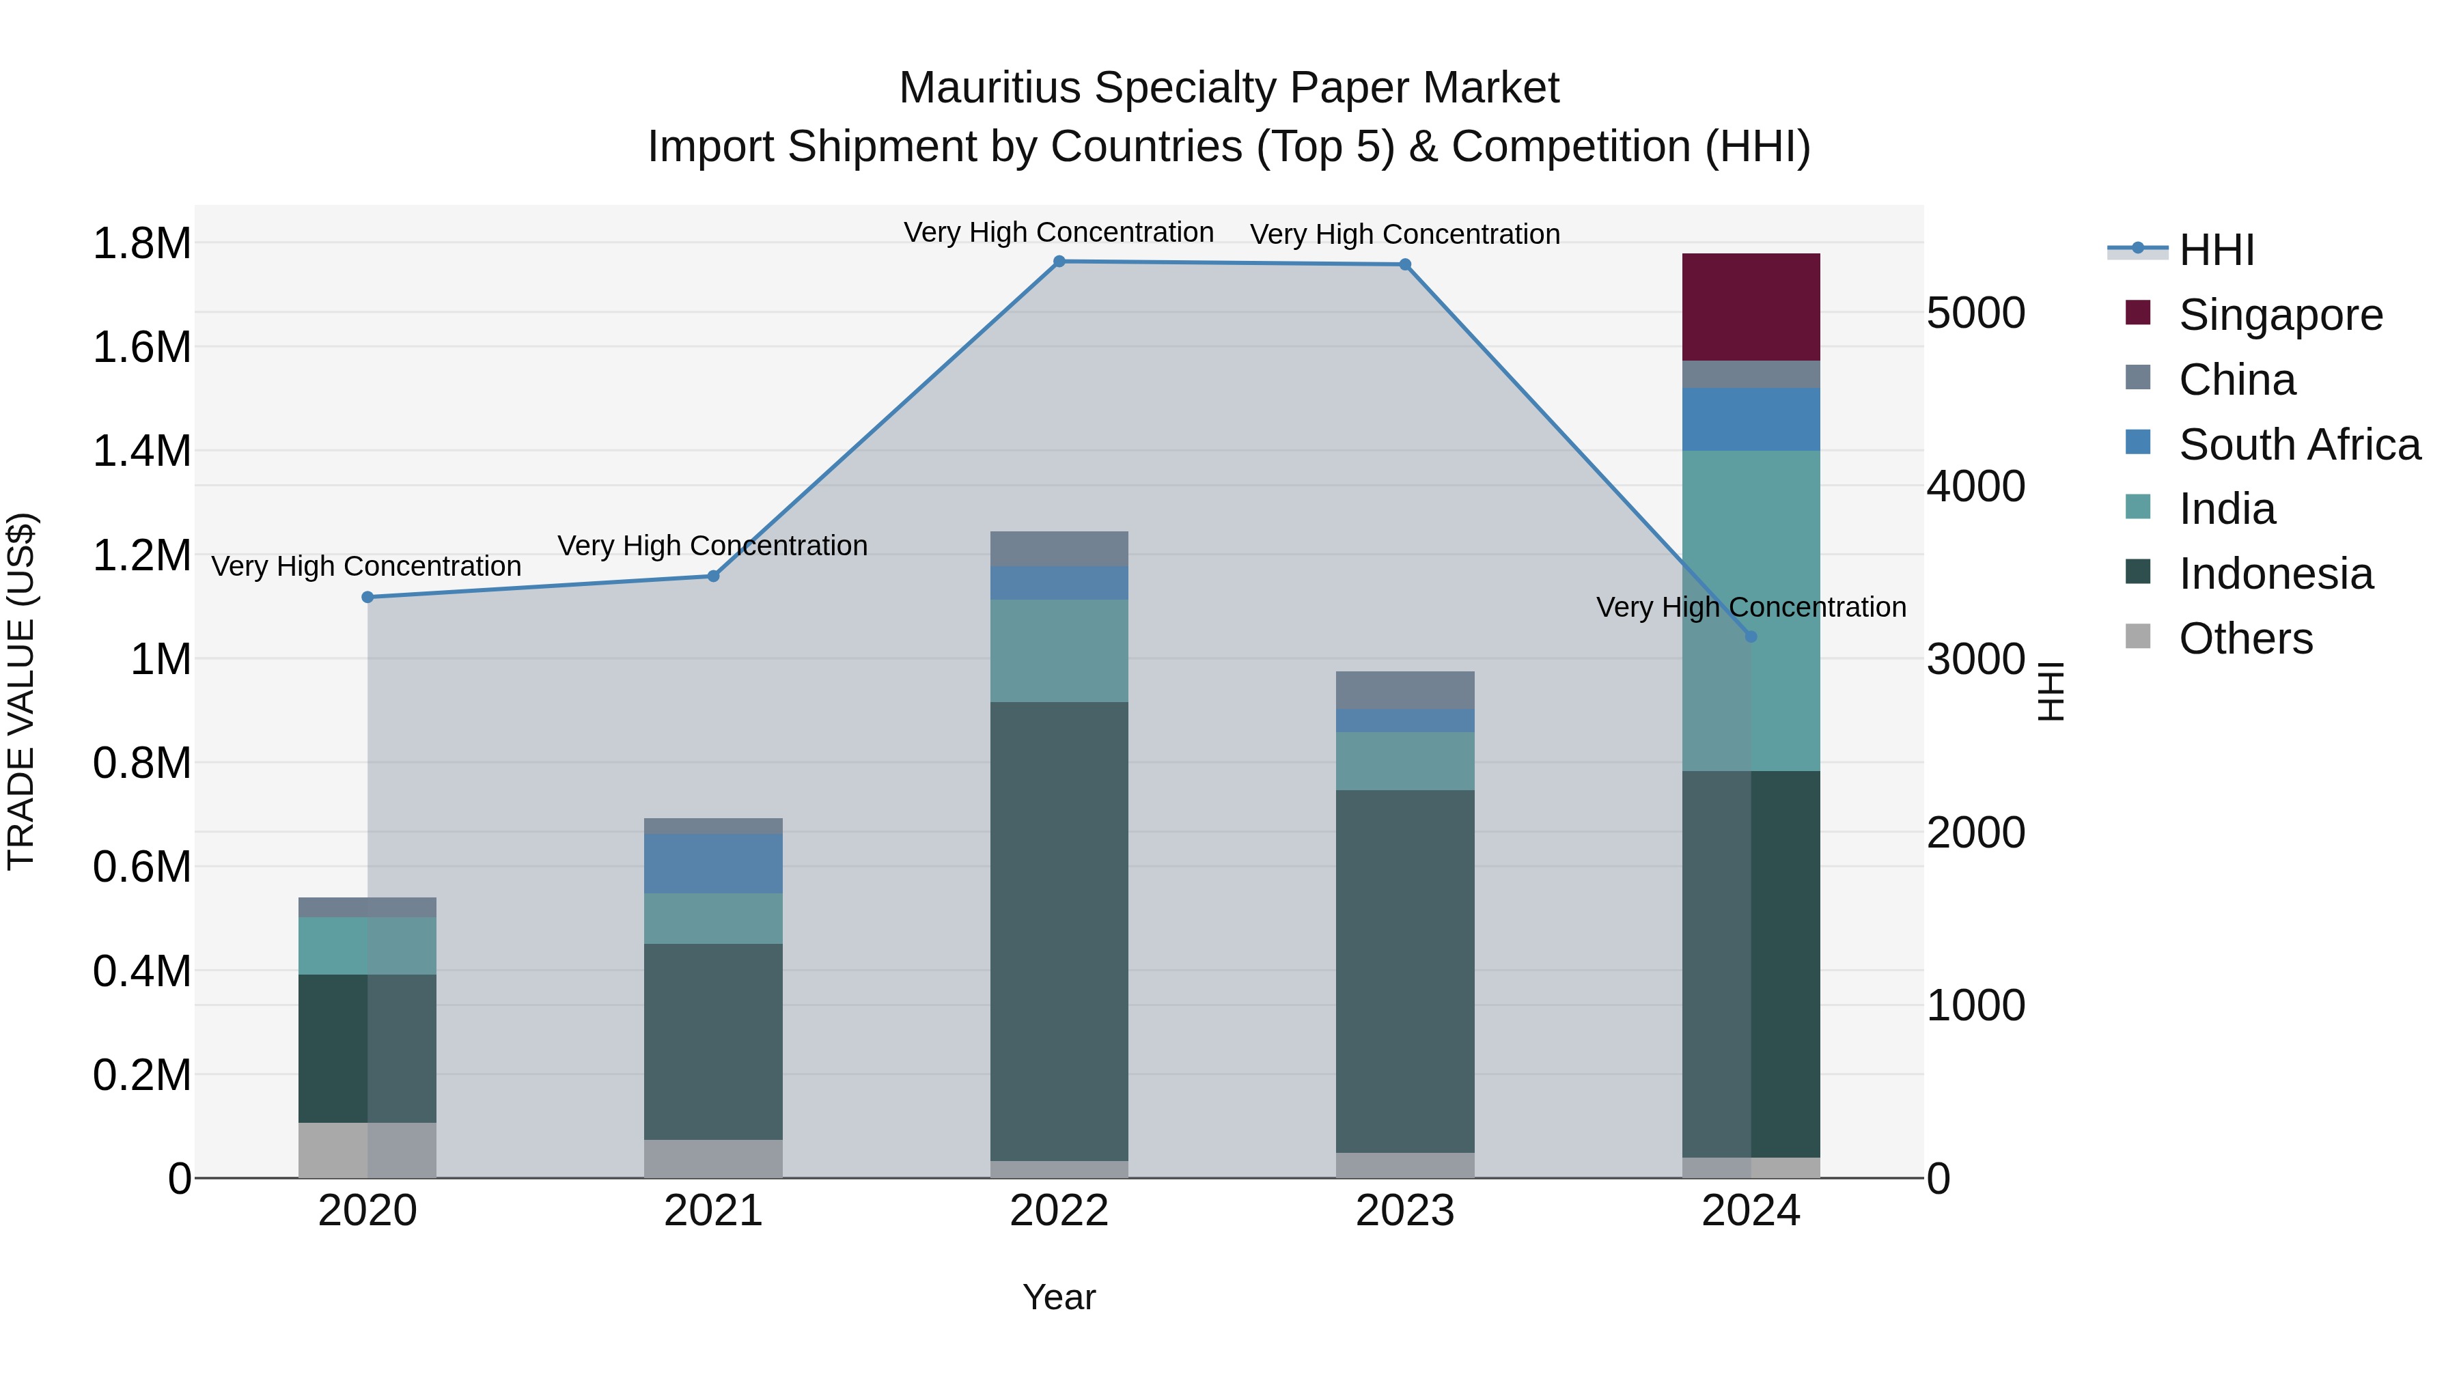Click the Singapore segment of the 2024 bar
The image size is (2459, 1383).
tap(1750, 307)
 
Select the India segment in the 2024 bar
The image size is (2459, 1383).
tap(1750, 610)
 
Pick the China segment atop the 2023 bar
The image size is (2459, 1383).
tap(1404, 690)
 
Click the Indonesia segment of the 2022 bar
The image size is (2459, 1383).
tap(1059, 931)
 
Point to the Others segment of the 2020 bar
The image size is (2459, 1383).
tap(367, 1149)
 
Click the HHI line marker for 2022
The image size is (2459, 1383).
tap(1059, 262)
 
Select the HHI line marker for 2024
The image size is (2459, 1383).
tap(1750, 637)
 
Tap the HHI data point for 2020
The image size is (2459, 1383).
tap(367, 598)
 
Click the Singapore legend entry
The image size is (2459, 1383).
tap(2279, 315)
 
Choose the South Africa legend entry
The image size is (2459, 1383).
tap(2298, 445)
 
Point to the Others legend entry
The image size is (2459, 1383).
tap(2245, 639)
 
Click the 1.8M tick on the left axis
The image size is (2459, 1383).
tap(142, 243)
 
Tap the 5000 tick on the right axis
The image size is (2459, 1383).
tap(1975, 313)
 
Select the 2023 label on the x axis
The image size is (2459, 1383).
tap(1404, 1211)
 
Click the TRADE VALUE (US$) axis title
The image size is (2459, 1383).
tap(22, 691)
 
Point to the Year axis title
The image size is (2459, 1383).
tap(1059, 1297)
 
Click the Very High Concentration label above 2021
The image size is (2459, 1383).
tap(712, 546)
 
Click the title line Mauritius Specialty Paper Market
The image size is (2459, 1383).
tap(1229, 88)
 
